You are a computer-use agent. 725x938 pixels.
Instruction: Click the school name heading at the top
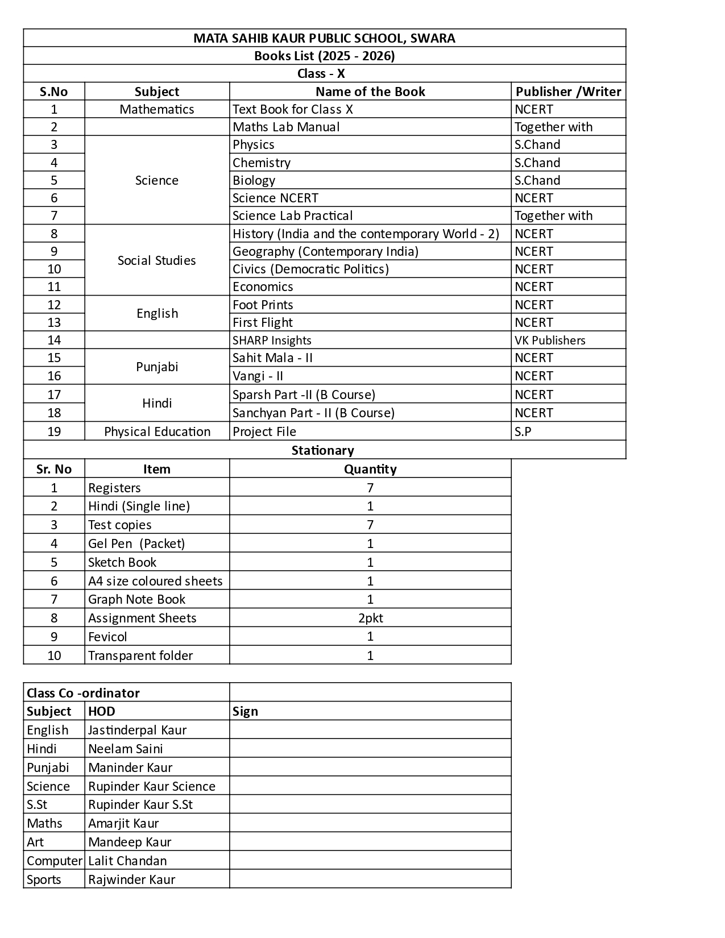(324, 38)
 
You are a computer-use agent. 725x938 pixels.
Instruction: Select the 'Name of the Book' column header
(370, 92)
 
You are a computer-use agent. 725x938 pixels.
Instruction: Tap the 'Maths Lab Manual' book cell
(286, 127)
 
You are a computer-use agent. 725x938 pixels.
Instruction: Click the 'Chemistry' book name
(262, 163)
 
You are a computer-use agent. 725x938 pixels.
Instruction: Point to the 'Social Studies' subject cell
(157, 260)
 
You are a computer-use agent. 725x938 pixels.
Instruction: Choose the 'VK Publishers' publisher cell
(550, 340)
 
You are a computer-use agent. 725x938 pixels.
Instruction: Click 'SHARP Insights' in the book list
(272, 340)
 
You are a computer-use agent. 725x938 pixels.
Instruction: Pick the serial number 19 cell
(54, 431)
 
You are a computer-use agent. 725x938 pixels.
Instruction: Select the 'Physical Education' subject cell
(157, 431)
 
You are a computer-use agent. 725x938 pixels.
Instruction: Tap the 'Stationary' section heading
(323, 450)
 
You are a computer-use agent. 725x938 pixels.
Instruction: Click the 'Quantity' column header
(370, 469)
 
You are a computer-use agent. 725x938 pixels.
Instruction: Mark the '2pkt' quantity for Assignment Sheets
(370, 618)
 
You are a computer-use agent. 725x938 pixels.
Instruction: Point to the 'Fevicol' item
(107, 637)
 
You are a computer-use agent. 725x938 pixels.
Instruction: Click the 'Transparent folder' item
(140, 655)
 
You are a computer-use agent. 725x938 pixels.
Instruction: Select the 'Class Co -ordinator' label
(83, 693)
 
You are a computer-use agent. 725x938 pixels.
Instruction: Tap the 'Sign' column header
(245, 711)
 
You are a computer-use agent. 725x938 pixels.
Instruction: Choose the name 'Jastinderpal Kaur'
(137, 730)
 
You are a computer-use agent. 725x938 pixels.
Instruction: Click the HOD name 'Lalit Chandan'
(127, 861)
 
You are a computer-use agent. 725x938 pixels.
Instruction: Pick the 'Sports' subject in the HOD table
(44, 879)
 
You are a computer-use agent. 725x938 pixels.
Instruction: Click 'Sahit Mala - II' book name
(272, 358)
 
